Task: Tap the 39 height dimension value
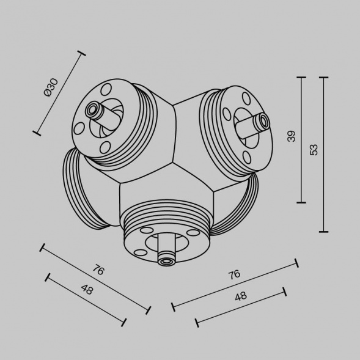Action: (292, 136)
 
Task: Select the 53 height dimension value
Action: (314, 150)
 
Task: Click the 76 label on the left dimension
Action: (98, 270)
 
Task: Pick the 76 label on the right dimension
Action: (234, 274)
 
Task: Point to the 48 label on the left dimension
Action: (86, 290)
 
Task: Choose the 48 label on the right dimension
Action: (241, 296)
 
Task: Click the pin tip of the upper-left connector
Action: (92, 110)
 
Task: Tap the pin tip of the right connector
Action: (264, 121)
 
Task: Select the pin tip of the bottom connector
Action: (164, 261)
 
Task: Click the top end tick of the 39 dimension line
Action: (301, 78)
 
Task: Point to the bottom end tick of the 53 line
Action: (323, 232)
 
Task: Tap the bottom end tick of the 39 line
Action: (301, 202)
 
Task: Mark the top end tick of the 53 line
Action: (323, 78)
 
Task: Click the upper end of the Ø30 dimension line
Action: (81, 54)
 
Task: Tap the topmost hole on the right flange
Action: (246, 98)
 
